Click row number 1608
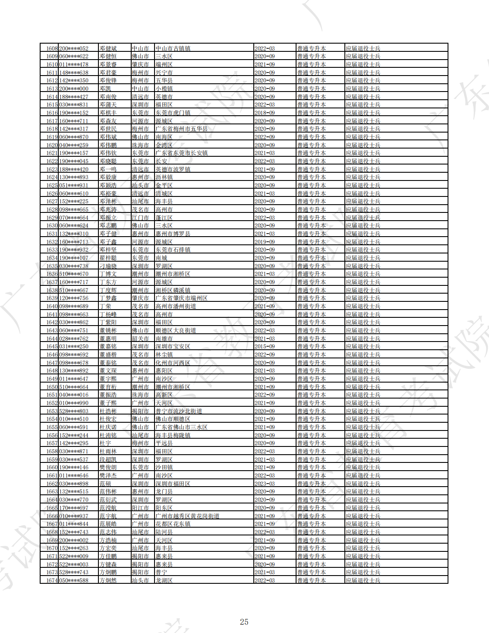coord(52,48)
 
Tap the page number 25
coord(244,622)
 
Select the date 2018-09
coord(265,113)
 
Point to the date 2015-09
coord(265,346)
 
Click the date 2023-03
coord(265,484)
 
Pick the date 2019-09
coord(265,242)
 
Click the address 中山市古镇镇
coord(173,48)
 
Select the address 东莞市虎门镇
coord(173,113)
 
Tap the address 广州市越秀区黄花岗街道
coord(187,516)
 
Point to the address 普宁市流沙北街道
coord(179,411)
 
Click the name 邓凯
coord(105,89)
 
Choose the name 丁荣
coord(105,306)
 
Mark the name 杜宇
coord(105,443)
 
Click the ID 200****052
coord(74,48)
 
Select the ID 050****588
coord(74,580)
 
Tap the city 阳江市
coord(140,508)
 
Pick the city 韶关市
coord(140,339)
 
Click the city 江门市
coord(140,218)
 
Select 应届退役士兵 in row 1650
coord(363,387)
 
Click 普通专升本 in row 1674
coord(311,580)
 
